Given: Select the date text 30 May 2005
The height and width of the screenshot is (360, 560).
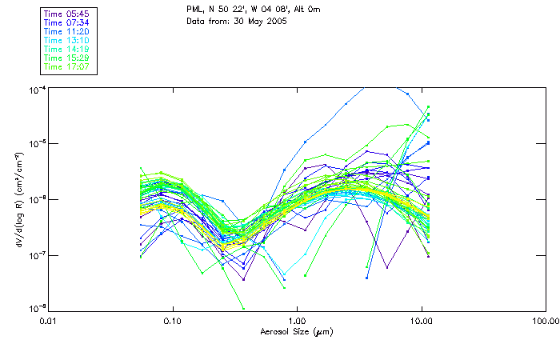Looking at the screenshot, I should (x=260, y=20).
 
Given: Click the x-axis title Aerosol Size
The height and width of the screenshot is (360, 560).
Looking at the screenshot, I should (x=297, y=330).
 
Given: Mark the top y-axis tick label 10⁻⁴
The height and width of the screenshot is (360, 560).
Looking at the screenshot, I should (x=37, y=89).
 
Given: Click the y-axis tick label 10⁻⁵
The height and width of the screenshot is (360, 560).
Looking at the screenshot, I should (x=37, y=144).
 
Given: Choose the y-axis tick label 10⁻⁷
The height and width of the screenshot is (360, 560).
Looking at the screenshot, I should (x=37, y=255).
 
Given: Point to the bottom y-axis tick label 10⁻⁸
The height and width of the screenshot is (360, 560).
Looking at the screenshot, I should (x=37, y=310).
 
